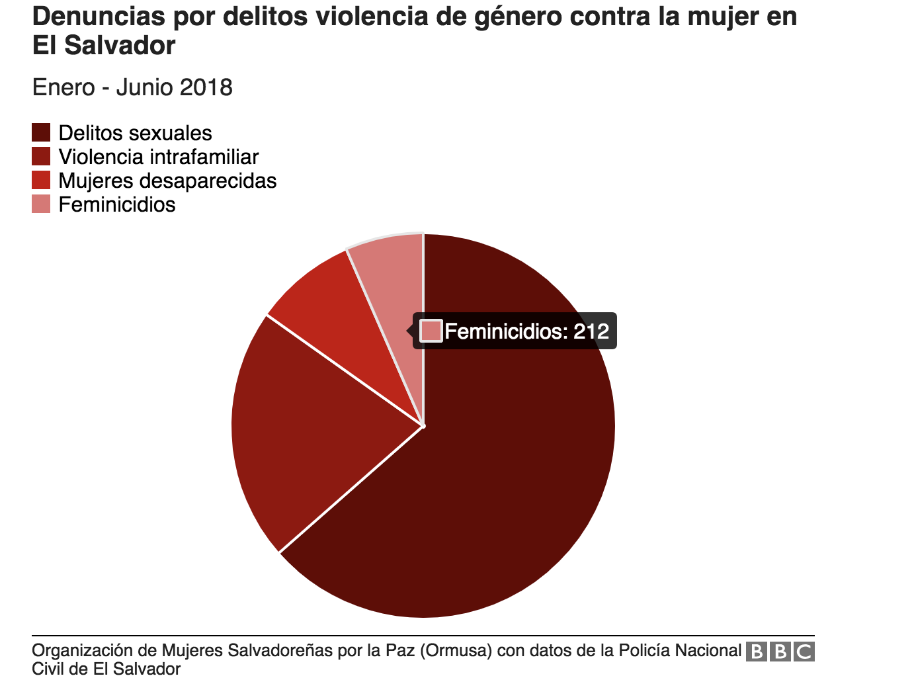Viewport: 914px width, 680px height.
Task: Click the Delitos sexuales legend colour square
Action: [41, 133]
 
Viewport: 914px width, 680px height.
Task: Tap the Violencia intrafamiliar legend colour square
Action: [41, 157]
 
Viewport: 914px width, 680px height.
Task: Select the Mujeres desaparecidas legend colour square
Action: [41, 181]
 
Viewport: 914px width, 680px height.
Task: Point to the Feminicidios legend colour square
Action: [41, 204]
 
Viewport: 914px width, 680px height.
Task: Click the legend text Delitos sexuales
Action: [135, 133]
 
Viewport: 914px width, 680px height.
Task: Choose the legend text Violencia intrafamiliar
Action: [158, 157]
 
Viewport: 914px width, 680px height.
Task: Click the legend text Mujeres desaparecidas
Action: [167, 181]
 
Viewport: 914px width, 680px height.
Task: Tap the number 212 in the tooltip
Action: [591, 331]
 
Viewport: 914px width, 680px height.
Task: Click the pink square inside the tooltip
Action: [431, 331]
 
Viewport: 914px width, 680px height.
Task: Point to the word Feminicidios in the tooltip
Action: [505, 331]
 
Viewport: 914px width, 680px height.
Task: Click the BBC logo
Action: [780, 652]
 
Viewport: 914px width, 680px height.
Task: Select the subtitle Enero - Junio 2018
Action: [132, 87]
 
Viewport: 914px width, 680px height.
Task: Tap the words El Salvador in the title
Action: [104, 46]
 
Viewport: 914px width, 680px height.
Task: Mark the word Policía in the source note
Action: [646, 651]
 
